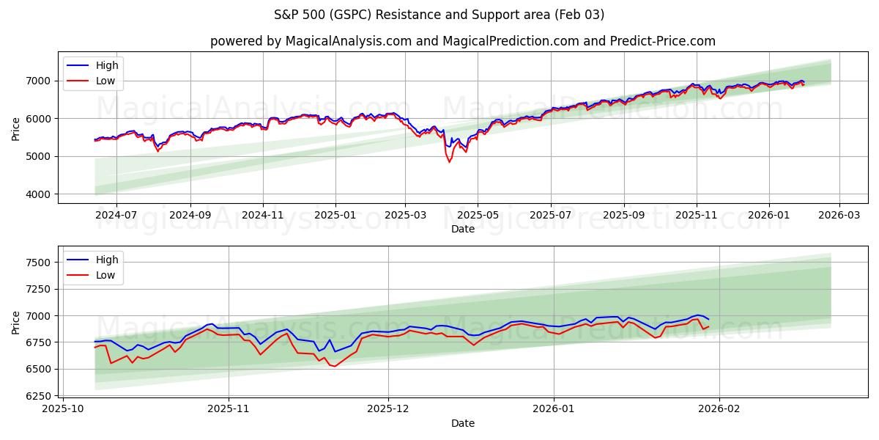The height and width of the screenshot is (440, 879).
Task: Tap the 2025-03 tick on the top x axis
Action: pos(406,215)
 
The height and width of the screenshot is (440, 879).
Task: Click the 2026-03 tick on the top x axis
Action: pos(839,215)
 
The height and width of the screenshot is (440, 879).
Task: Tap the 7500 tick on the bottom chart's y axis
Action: pos(38,263)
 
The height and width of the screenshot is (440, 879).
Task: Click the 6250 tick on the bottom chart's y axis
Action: pos(38,396)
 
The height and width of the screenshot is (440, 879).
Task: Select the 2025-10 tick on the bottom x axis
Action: pos(63,409)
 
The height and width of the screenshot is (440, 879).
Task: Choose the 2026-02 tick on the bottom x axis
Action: pos(719,409)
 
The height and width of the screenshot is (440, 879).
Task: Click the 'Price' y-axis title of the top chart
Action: pos(16,128)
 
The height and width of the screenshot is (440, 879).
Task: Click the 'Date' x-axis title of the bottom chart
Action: pos(462,423)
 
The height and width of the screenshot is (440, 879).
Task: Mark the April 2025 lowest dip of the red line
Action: pos(449,161)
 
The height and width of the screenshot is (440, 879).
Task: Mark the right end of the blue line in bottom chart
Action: pos(708,319)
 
